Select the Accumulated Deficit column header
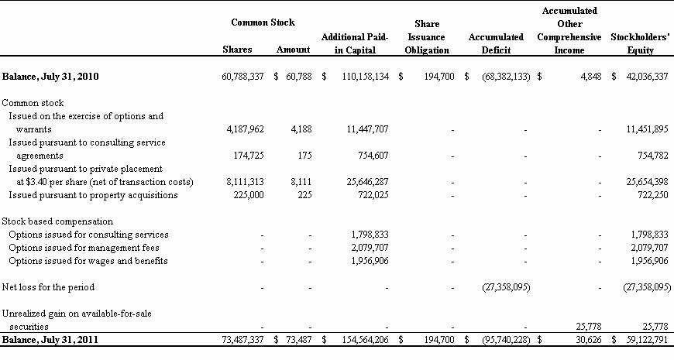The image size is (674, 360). (496, 43)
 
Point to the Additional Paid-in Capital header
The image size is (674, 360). (354, 43)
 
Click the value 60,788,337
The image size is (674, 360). (242, 77)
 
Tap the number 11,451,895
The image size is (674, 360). (646, 129)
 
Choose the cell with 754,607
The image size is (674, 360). (370, 156)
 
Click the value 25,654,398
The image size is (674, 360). (646, 182)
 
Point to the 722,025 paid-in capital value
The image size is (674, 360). (370, 195)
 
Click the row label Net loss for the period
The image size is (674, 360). (48, 287)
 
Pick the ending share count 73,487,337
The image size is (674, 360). (242, 340)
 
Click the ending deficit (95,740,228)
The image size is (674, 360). (505, 340)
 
